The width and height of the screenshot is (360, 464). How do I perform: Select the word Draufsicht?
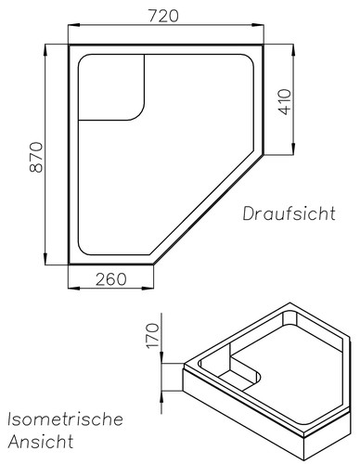[289, 214]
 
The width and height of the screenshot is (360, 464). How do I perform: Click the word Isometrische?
[65, 419]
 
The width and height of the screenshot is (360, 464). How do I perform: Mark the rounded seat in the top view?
[111, 87]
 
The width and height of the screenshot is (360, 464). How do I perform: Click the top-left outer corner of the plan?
[70, 43]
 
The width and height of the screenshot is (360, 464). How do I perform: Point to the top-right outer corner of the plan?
[264, 43]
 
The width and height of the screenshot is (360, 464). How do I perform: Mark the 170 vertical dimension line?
[165, 371]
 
